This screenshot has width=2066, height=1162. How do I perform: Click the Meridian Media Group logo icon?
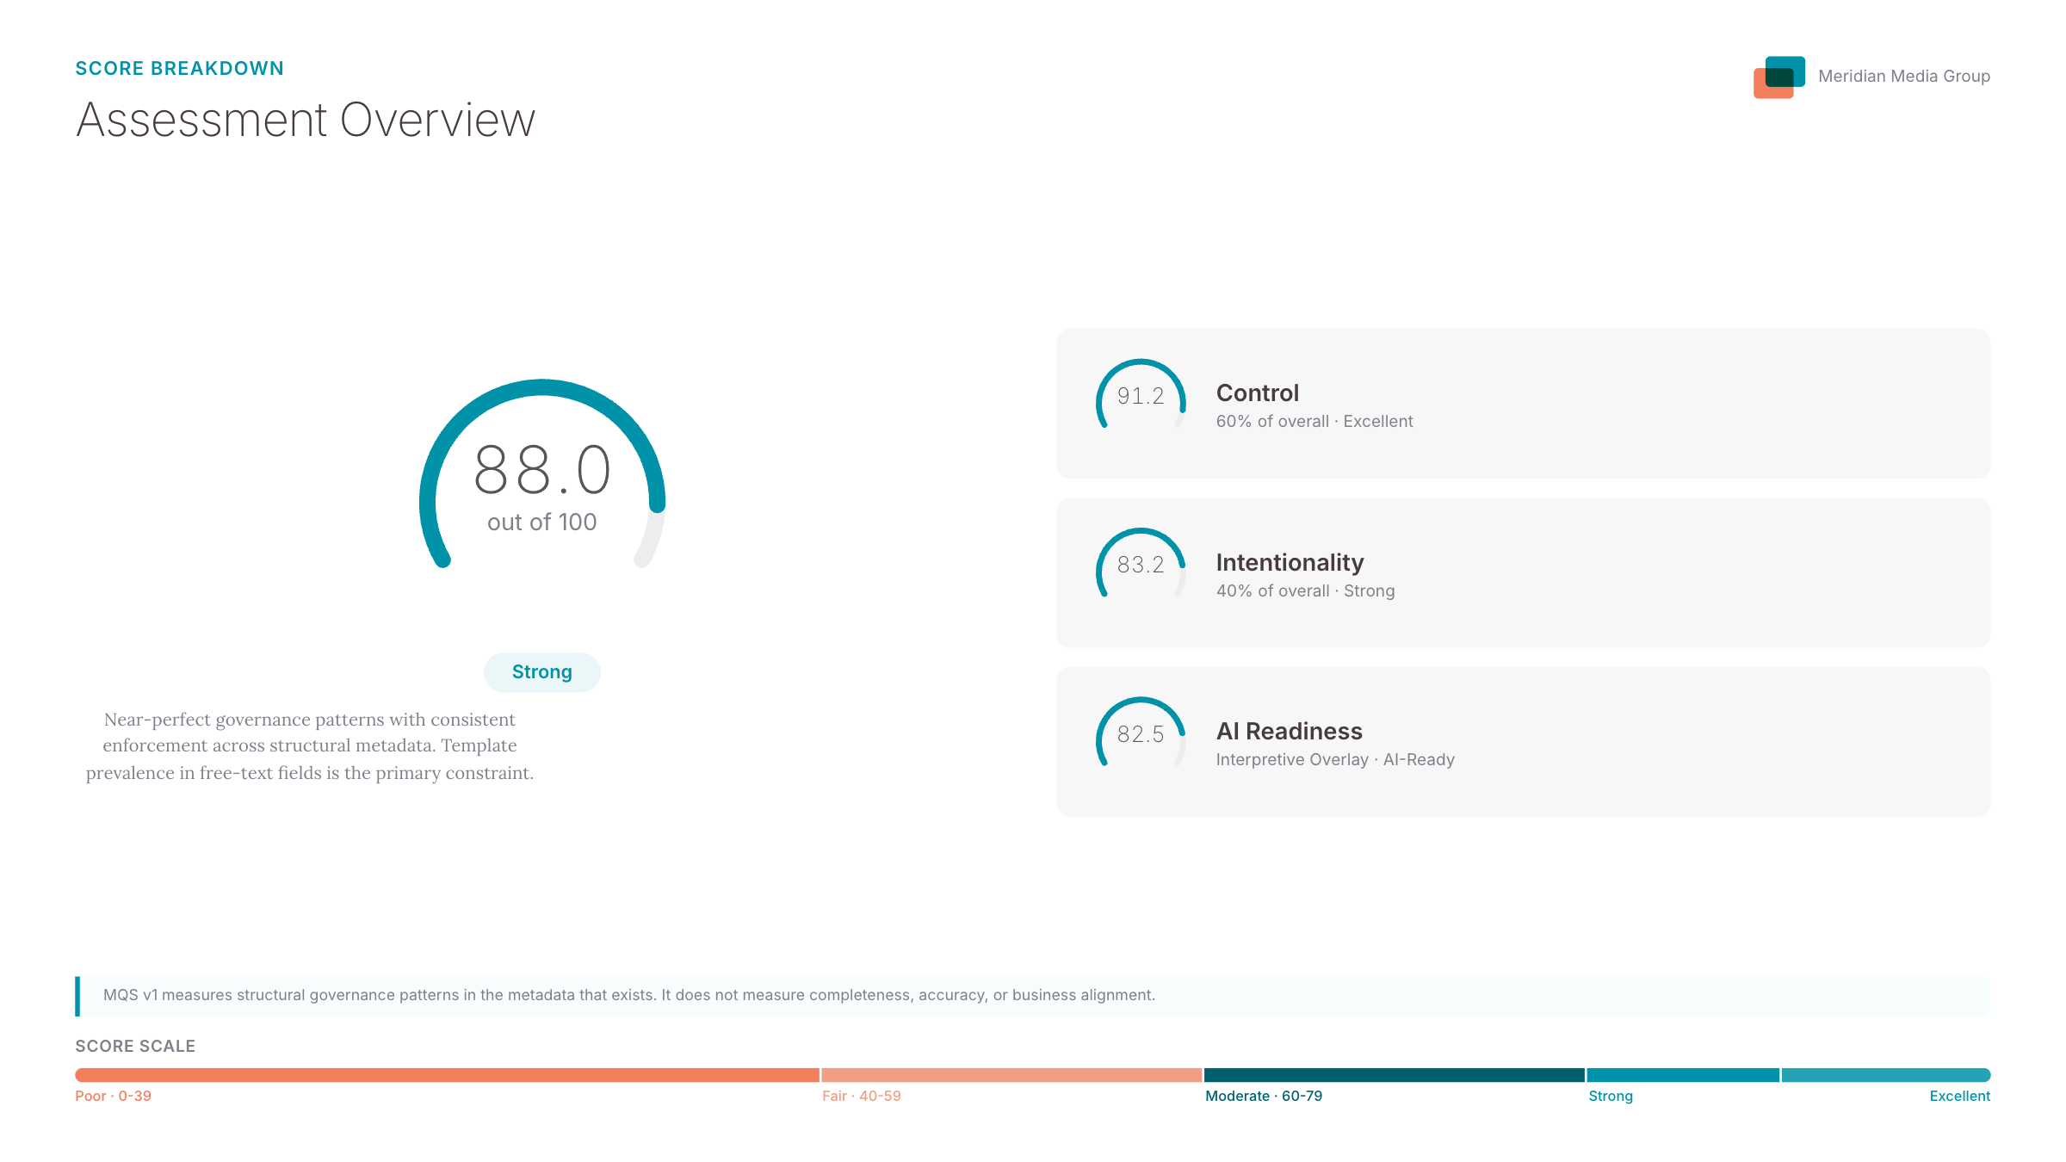pos(1778,77)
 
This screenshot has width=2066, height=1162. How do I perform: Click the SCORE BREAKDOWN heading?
pos(179,69)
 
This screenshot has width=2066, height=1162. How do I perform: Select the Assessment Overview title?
pos(306,120)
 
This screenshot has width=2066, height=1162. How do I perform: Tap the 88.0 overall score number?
pos(542,470)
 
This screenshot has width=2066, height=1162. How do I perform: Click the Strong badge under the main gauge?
pos(542,672)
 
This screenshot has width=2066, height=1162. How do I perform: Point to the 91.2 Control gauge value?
pos(1141,396)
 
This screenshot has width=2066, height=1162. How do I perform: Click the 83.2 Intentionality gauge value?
pos(1141,565)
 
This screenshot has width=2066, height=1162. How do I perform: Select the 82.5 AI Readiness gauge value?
pos(1141,734)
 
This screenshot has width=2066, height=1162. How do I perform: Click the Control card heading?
pos(1257,393)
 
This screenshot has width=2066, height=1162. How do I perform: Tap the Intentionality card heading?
pos(1290,563)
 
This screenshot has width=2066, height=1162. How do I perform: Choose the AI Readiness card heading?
pos(1289,732)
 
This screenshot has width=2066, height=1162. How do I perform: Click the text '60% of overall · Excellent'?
pos(1314,422)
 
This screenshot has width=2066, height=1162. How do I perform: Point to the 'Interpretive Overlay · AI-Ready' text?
pos(1335,760)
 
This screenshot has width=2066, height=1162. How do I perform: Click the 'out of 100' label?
pos(542,522)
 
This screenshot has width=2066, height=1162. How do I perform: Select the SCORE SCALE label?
pos(135,1047)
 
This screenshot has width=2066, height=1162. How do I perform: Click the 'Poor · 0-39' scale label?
pos(113,1097)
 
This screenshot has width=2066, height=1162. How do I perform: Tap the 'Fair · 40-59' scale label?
pos(861,1097)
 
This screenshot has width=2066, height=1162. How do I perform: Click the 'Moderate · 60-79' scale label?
pos(1264,1097)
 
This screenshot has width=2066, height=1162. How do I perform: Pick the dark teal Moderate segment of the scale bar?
pos(1394,1075)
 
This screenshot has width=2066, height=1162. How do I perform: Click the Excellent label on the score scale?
pos(1959,1097)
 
